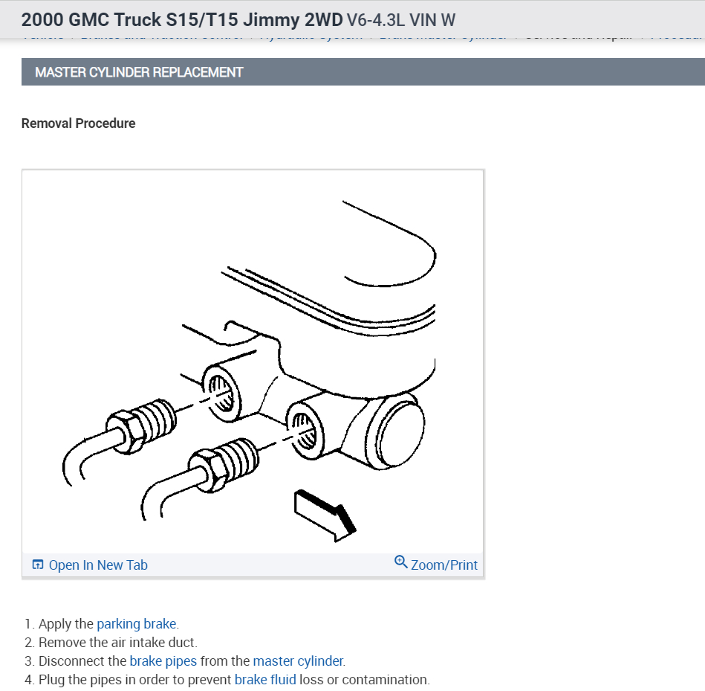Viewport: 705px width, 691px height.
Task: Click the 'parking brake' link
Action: coord(137,624)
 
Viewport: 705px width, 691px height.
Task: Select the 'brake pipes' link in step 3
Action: coord(163,661)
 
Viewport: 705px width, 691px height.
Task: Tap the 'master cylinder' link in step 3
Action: coord(298,661)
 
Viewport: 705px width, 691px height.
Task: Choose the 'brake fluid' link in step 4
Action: coord(265,679)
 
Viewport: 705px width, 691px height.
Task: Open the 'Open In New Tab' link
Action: coord(98,565)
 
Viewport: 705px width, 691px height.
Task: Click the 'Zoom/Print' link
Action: coord(444,565)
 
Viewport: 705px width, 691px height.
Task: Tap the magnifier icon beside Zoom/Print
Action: coord(400,562)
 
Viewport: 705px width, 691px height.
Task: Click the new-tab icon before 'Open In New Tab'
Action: coord(38,565)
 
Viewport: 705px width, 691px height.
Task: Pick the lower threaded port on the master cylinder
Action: coord(304,429)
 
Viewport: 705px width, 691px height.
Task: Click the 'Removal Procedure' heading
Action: coord(79,123)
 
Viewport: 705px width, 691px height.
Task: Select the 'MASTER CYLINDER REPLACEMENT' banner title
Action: coord(139,72)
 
